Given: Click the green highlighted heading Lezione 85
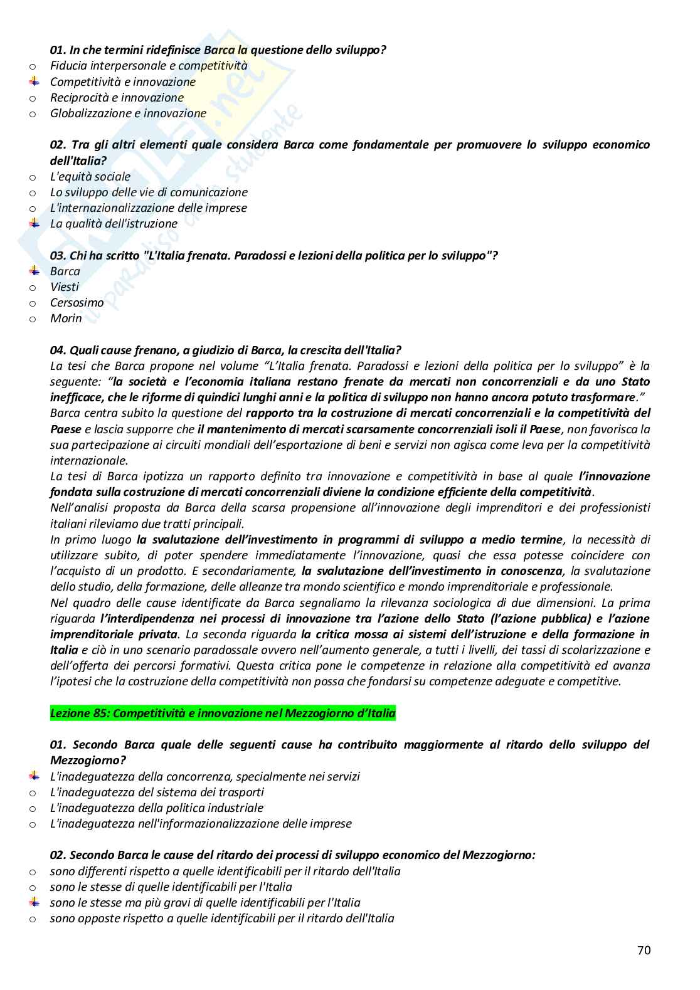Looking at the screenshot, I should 223,713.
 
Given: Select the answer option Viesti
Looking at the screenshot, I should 65,287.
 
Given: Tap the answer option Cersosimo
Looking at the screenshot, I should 77,302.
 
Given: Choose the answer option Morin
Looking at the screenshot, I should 66,318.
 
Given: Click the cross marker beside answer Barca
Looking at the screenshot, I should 34,271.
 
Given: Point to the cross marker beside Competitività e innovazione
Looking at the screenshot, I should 34,82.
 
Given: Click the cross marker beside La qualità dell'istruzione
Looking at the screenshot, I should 34,223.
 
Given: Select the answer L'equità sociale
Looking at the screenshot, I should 90,176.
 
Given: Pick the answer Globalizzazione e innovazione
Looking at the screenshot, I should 128,113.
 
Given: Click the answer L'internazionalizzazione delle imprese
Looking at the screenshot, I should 149,208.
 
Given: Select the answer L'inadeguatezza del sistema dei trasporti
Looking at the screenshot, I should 157,792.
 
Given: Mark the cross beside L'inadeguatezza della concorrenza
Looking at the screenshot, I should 34,776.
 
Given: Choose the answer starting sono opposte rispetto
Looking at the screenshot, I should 222,919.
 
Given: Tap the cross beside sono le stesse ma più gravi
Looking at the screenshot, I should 34,903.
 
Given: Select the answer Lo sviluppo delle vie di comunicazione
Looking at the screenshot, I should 149,192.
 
